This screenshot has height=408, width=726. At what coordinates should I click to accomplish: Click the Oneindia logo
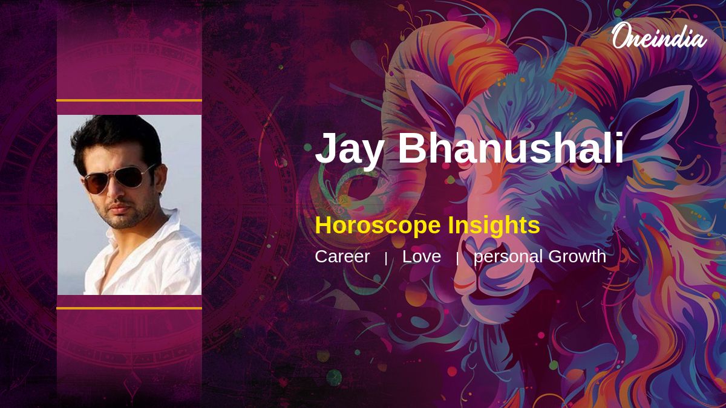tap(659, 36)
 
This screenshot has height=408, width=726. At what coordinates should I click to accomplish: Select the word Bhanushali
tap(511, 147)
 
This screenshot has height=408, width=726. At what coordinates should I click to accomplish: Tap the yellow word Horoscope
tap(378, 225)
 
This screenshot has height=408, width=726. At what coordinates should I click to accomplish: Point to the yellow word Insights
tap(494, 225)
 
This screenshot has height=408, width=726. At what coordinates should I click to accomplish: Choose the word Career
tap(342, 256)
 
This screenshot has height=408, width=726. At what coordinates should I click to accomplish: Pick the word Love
tap(422, 256)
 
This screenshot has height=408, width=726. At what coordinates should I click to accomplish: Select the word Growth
tap(577, 256)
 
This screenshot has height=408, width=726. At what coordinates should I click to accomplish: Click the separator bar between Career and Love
tap(386, 259)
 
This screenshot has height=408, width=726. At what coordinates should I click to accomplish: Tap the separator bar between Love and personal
tap(457, 259)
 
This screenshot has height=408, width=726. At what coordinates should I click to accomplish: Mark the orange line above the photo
tap(129, 100)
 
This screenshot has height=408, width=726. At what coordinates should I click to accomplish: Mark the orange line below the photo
tap(129, 308)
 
